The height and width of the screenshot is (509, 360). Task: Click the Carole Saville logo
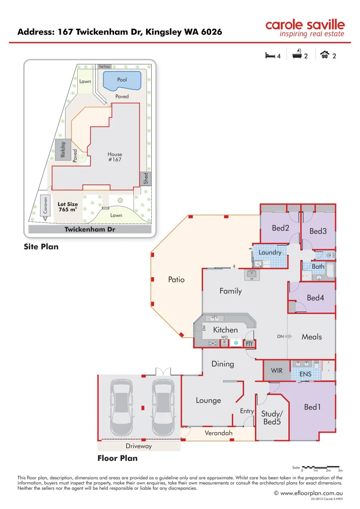305,28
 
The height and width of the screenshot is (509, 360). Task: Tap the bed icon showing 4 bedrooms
270,56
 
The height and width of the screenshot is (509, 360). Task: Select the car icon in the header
324,55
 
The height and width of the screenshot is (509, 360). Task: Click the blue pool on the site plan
122,81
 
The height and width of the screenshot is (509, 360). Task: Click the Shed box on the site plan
146,178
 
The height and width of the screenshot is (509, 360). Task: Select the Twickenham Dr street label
90,230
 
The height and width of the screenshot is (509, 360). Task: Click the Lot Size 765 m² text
67,206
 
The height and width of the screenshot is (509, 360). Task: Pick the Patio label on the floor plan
176,279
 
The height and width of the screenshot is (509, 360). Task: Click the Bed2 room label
280,228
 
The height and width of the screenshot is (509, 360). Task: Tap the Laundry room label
270,252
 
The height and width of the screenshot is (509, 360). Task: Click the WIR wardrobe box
277,370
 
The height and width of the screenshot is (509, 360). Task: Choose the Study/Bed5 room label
271,418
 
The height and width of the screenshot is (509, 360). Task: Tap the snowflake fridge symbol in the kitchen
236,343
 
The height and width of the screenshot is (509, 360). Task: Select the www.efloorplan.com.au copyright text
308,493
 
